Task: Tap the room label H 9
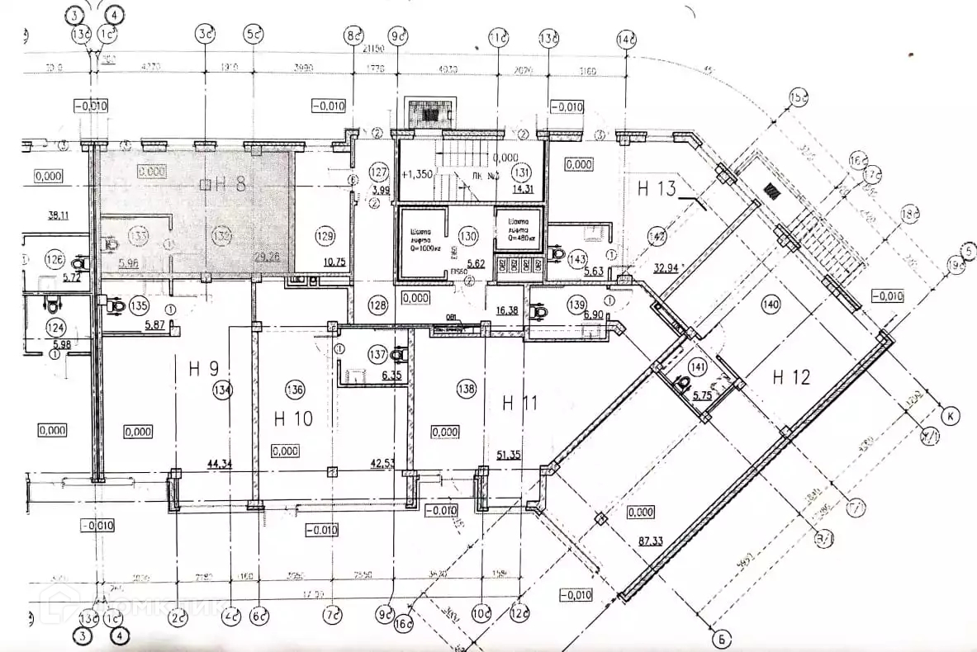click(202, 369)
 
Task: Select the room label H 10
click(293, 418)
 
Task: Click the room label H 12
click(791, 377)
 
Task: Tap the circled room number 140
click(771, 305)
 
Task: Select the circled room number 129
click(325, 236)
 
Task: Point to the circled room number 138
click(467, 390)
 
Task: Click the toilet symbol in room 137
click(399, 355)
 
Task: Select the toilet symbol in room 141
click(684, 384)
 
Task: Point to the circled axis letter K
click(950, 415)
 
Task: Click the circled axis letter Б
click(721, 636)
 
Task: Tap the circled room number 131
click(521, 173)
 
